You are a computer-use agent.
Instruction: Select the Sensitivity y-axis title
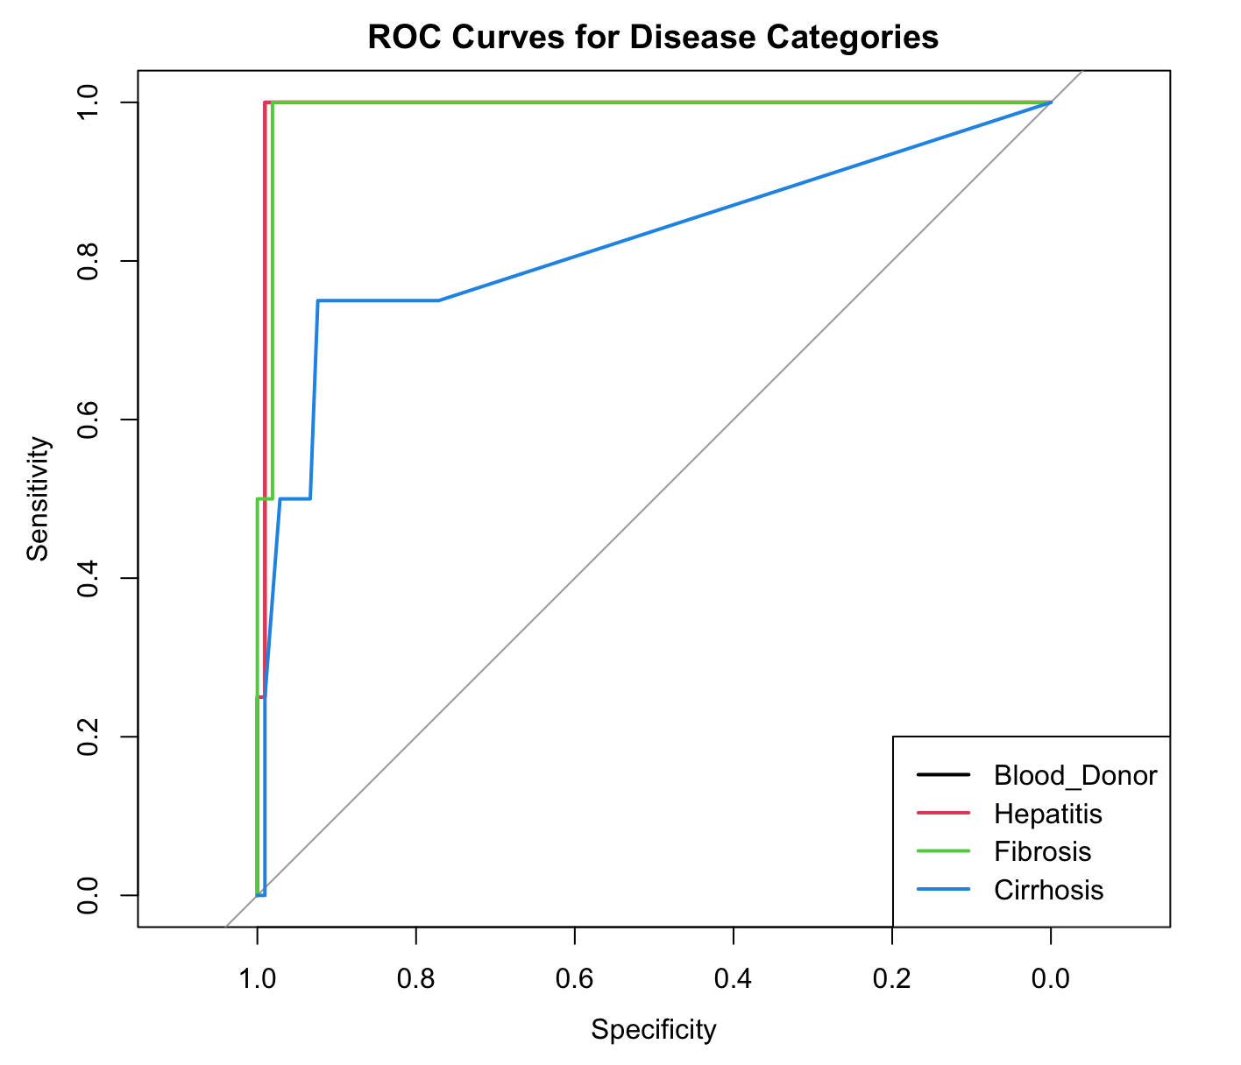tap(38, 498)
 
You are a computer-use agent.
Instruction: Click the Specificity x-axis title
tap(654, 1030)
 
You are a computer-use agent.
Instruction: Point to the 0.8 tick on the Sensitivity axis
tap(87, 261)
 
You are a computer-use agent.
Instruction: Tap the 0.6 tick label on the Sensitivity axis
tap(87, 420)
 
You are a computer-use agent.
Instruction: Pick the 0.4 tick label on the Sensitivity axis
tap(87, 578)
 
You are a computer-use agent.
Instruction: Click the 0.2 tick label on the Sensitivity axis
tap(87, 737)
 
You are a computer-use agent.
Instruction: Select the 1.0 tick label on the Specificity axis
tap(257, 979)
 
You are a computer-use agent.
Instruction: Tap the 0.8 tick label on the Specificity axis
tap(415, 979)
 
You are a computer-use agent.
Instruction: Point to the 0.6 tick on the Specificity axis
tap(574, 979)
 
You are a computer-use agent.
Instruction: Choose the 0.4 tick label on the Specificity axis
tap(733, 979)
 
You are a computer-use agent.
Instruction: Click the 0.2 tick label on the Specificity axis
tap(891, 979)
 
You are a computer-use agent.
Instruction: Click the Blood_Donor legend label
tap(1075, 776)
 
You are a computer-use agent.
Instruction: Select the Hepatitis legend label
tap(1047, 814)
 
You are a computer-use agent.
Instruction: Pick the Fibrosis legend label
tap(1042, 851)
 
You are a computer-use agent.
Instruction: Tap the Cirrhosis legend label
tap(1048, 890)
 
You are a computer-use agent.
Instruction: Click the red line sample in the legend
tap(943, 814)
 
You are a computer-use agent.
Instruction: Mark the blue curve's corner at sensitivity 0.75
tap(318, 300)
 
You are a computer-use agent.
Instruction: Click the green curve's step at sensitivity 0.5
tap(265, 498)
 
